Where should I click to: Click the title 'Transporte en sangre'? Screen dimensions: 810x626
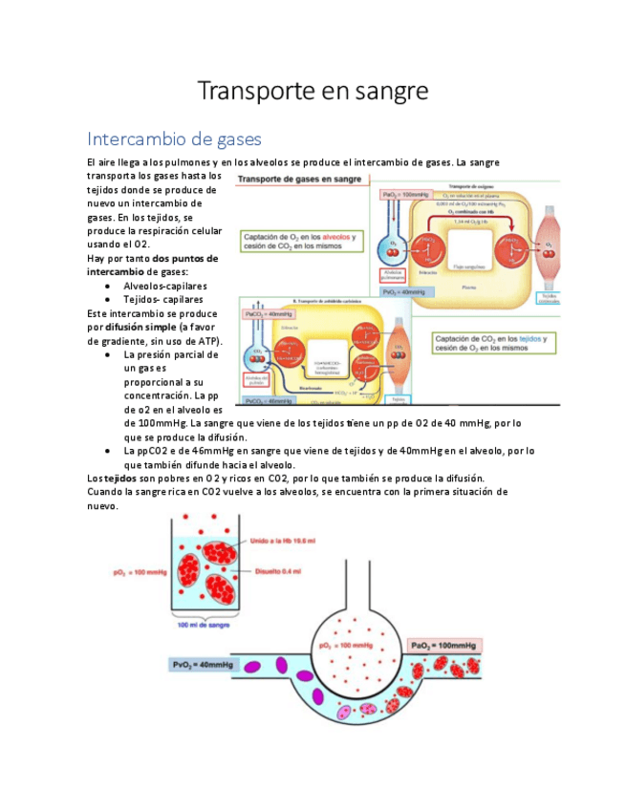click(x=313, y=92)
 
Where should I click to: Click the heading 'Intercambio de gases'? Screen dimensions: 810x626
click(x=174, y=139)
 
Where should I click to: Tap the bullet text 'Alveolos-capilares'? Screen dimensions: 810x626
click(x=165, y=286)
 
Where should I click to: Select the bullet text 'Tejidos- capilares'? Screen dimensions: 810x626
click(x=163, y=299)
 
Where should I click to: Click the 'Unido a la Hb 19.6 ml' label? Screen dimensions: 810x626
click(x=283, y=541)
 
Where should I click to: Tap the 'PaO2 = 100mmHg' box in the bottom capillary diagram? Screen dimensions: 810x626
click(x=444, y=645)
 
